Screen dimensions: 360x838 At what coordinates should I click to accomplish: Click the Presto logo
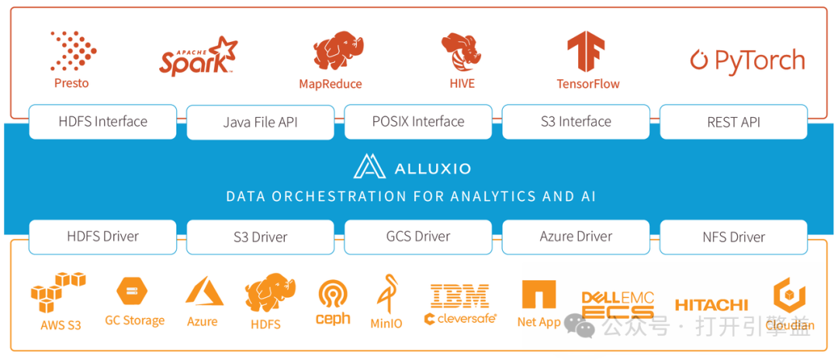(x=72, y=52)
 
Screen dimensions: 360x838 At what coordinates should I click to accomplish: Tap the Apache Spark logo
(x=198, y=57)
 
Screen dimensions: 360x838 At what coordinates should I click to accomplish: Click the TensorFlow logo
(x=586, y=52)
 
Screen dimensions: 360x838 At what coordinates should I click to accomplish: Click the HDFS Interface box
(x=102, y=122)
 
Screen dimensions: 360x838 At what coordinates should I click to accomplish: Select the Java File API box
(x=260, y=123)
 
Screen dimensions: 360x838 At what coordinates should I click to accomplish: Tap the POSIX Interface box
(x=417, y=122)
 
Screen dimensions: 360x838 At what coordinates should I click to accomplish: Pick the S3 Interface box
(x=576, y=122)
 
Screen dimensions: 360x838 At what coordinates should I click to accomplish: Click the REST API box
(x=733, y=123)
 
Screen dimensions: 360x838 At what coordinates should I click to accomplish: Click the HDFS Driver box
(x=102, y=237)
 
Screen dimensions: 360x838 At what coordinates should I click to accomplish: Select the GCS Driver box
(x=417, y=237)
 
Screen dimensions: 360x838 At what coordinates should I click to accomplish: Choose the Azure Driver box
(x=576, y=237)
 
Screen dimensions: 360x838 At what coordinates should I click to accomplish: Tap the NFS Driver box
(x=733, y=237)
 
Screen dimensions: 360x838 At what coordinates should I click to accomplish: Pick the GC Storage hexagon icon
(x=132, y=292)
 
